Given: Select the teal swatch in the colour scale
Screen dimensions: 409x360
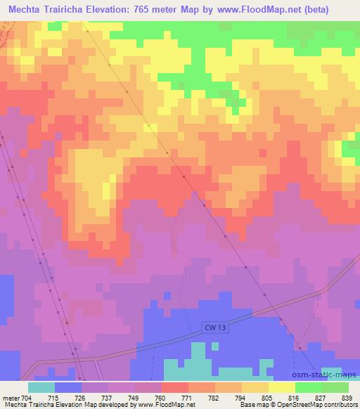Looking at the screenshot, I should pos(41,387).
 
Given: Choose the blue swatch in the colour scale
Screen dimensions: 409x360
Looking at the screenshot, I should pos(68,387).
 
